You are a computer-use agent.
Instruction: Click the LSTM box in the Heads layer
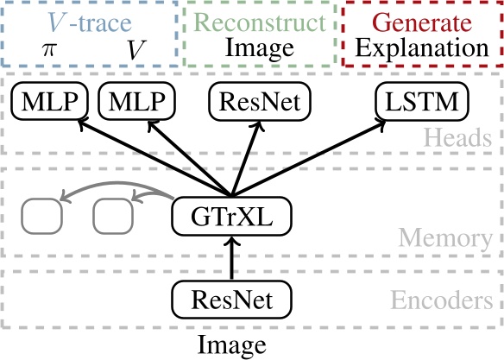423,103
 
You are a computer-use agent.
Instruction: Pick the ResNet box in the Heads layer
258,103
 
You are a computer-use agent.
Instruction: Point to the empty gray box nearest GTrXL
111,217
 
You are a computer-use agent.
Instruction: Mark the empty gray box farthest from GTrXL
41,217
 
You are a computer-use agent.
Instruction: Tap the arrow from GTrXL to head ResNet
245,155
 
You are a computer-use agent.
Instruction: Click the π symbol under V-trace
48,50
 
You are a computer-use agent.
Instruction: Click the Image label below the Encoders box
231,345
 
